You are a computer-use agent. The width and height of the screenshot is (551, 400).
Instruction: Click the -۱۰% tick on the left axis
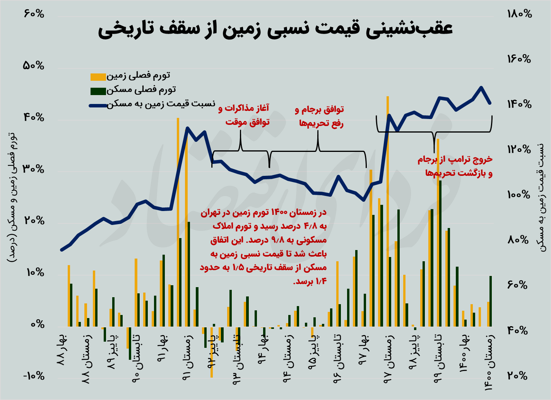[x=34, y=376]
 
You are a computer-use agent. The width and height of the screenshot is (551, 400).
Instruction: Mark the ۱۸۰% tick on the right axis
[x=519, y=14]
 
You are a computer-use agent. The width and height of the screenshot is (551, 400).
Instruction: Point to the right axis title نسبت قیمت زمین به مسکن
[x=542, y=197]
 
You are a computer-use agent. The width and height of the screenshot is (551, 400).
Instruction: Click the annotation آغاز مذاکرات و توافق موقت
[x=244, y=115]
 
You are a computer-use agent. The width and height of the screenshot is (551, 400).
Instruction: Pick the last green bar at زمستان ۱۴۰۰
[x=491, y=301]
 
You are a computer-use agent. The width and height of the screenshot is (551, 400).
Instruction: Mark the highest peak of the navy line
[x=481, y=88]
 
